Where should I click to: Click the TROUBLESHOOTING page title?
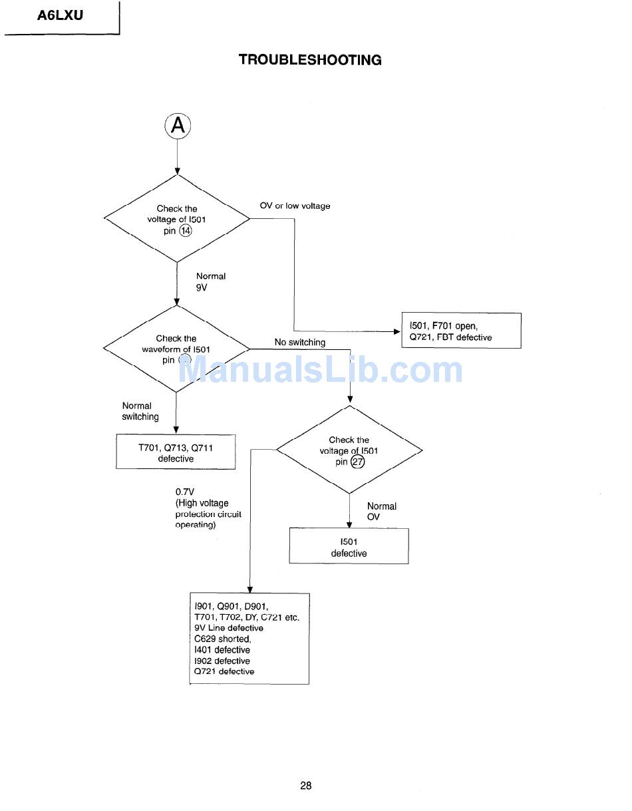[310, 60]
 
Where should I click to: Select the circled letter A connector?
[178, 125]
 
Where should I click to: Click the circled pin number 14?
[186, 231]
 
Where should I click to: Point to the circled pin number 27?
[358, 462]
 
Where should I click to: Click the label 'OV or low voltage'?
[295, 206]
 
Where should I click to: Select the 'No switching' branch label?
[300, 343]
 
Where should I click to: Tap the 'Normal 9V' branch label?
[210, 282]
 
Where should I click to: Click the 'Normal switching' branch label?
[140, 411]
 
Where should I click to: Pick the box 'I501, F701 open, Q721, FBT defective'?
[461, 331]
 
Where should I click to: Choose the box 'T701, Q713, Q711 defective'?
[176, 453]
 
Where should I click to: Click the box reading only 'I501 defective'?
[349, 548]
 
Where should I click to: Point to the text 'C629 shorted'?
[222, 639]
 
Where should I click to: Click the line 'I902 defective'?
[222, 661]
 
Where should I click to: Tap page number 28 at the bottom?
[305, 786]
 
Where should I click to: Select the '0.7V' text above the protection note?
[185, 492]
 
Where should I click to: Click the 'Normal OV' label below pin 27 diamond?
[381, 512]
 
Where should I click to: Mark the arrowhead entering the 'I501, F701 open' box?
[396, 331]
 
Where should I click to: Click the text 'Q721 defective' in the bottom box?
[224, 671]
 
